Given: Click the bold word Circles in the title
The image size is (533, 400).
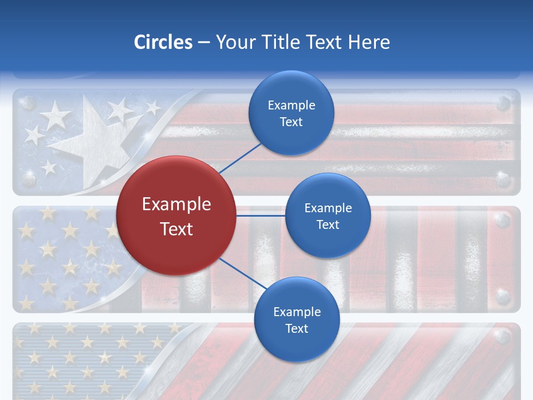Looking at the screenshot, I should click(x=163, y=42).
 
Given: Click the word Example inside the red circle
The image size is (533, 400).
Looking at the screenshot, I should click(x=177, y=204).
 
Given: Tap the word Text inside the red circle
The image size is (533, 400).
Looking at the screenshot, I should click(x=177, y=229).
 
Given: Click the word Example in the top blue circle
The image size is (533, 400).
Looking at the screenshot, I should click(x=291, y=106).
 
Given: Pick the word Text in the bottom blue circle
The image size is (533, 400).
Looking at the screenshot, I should click(x=296, y=329).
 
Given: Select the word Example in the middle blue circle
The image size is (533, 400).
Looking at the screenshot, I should click(x=328, y=208).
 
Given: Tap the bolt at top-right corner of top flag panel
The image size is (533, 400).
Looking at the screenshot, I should click(x=503, y=103).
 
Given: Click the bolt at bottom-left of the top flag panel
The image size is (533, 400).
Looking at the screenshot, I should click(x=28, y=178).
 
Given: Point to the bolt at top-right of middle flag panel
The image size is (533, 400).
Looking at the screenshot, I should click(x=503, y=221).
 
